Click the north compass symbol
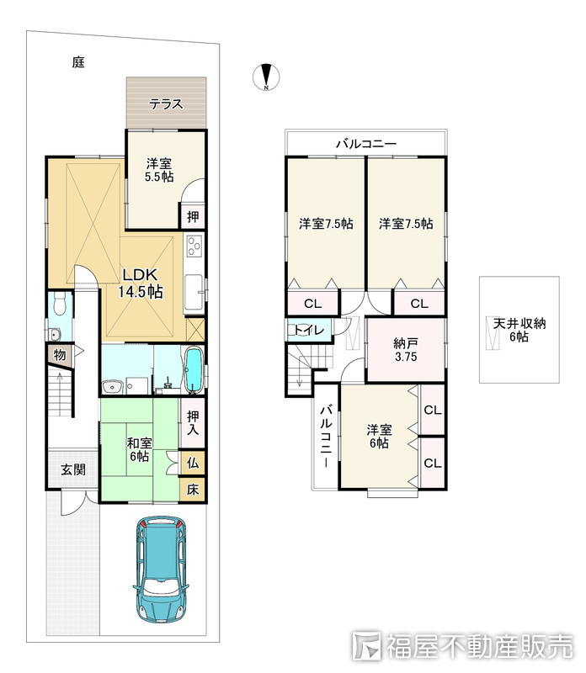266,77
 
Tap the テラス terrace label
166,103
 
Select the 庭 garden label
78,62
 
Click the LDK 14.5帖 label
141,284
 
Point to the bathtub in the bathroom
194,369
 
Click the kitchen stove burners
194,246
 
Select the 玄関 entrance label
73,469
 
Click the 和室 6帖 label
139,449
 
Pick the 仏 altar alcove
193,463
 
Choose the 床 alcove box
193,490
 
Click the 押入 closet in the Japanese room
193,423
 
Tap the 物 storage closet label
60,355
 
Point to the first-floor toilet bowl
59,304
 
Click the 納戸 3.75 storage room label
406,350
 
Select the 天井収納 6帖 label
519,330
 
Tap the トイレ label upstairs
309,330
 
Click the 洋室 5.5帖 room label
159,170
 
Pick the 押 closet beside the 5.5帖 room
193,217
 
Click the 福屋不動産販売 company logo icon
366,645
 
